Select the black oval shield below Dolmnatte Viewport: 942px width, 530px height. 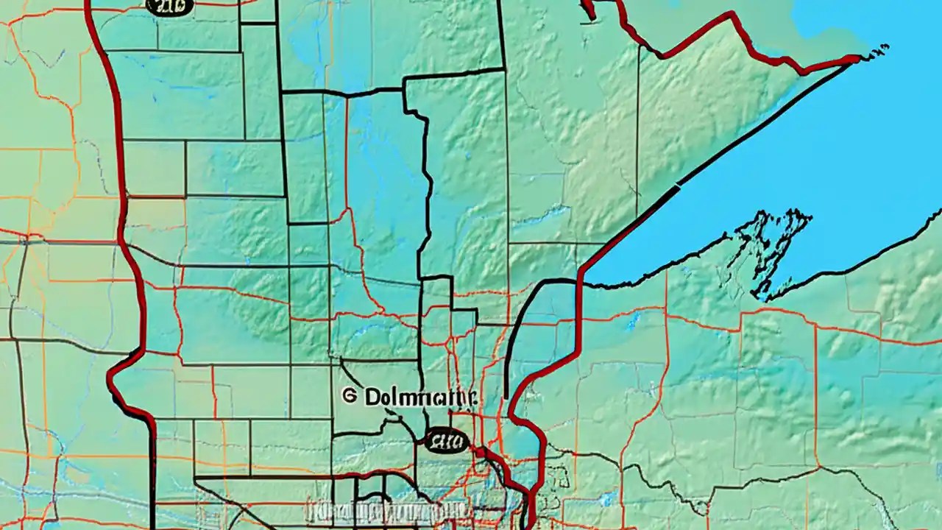point(446,441)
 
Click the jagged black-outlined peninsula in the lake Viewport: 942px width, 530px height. point(769,247)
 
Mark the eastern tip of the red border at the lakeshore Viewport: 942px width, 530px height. point(858,58)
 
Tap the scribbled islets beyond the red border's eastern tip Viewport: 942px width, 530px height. point(877,52)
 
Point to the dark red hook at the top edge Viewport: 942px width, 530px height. point(589,9)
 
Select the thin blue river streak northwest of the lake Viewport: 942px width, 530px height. point(545,213)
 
